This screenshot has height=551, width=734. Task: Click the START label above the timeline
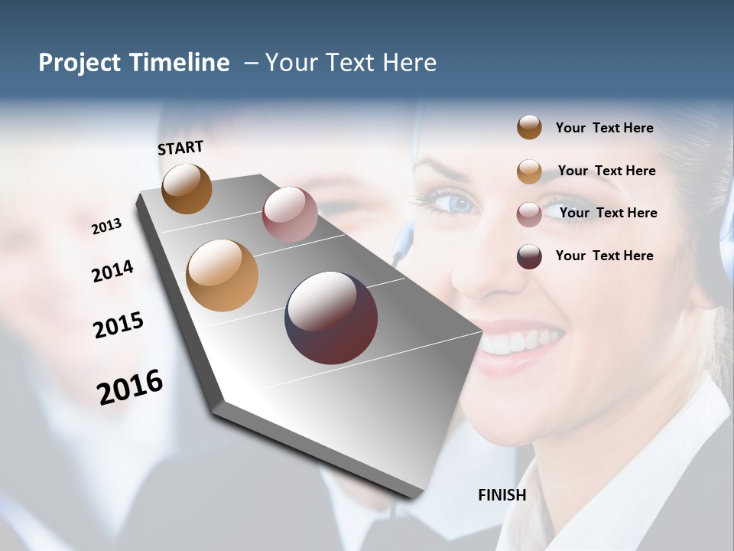(x=180, y=147)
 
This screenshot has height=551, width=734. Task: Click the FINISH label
(x=502, y=495)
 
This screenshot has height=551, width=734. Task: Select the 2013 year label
(x=106, y=227)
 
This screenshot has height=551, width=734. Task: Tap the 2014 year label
(x=112, y=271)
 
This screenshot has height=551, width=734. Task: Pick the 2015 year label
(x=119, y=325)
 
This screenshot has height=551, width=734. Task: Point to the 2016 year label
(x=130, y=386)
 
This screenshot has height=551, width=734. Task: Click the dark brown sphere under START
(x=187, y=188)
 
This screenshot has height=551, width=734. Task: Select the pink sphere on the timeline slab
(x=290, y=214)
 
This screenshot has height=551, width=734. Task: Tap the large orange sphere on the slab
(x=222, y=275)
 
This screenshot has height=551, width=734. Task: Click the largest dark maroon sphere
(x=331, y=318)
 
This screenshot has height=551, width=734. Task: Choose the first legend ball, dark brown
(x=529, y=127)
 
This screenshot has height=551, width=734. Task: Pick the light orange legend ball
(x=529, y=171)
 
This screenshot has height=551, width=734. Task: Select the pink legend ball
(x=529, y=214)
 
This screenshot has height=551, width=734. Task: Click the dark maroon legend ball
(x=529, y=256)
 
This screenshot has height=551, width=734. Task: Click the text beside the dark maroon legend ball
(x=604, y=256)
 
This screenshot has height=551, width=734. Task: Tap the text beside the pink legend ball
(x=608, y=213)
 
